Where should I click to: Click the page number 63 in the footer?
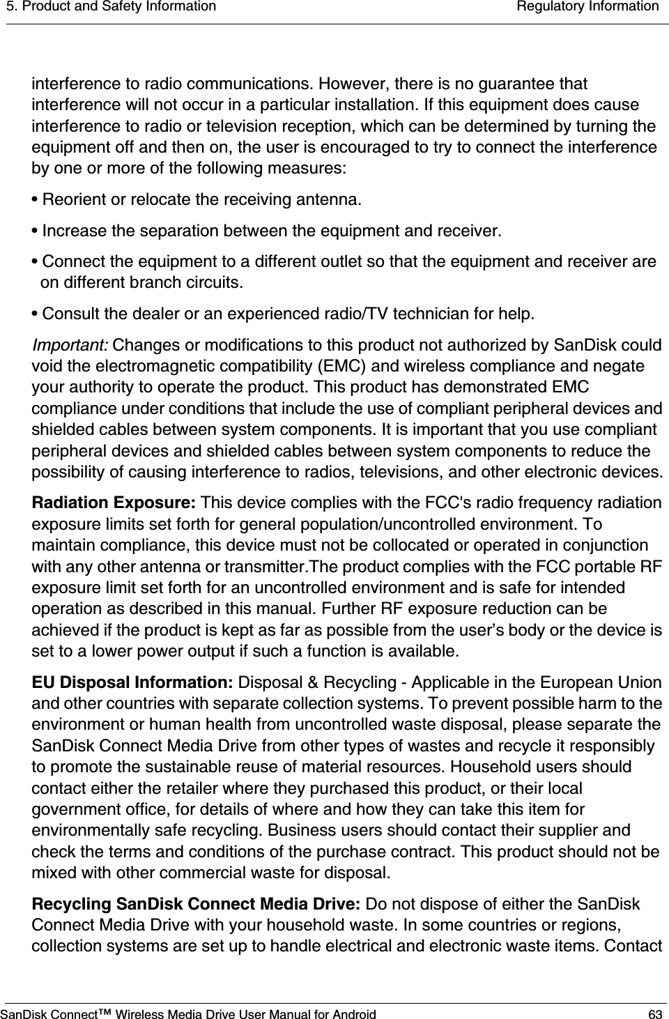coord(655,1012)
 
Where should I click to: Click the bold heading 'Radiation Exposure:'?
coord(114,503)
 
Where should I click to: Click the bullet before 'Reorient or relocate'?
coord(36,201)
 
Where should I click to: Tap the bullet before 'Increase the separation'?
coord(36,231)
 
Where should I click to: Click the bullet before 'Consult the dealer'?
coord(36,314)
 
